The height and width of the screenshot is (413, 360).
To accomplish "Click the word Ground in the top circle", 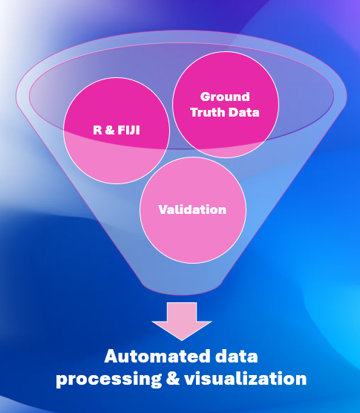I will click(225, 97).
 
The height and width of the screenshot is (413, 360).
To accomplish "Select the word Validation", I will click(192, 209).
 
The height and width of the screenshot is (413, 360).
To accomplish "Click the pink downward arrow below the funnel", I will click(182, 320).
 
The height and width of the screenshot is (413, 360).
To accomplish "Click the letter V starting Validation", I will click(162, 209).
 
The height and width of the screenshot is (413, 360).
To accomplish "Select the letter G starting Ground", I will click(204, 97).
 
